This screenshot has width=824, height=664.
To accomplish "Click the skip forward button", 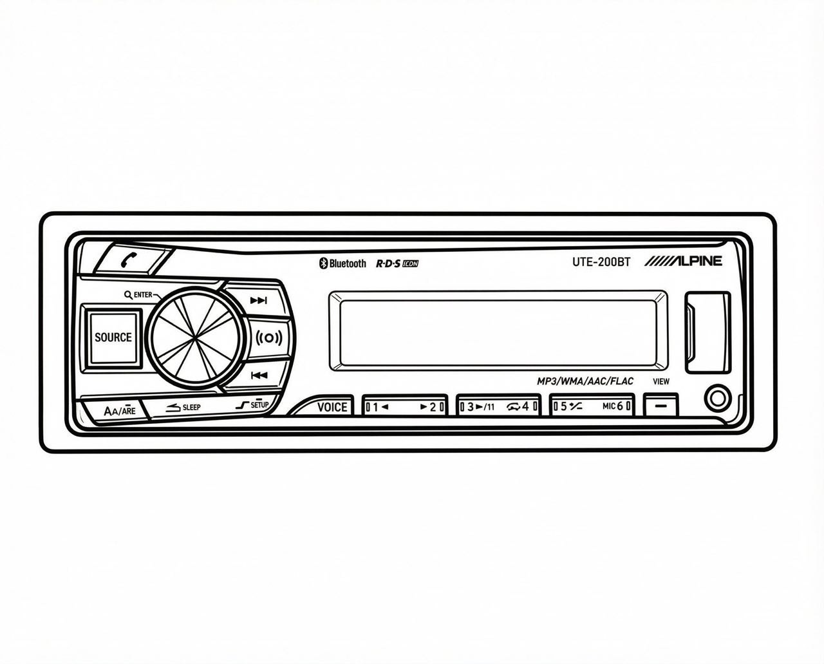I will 258,300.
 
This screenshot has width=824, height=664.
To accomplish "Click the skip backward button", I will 259,375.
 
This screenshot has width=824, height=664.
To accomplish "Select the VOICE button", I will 331,406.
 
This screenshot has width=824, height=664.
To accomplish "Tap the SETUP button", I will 253,406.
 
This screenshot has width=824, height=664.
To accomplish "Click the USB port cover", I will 707,332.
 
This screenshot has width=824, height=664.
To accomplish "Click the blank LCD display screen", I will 498,331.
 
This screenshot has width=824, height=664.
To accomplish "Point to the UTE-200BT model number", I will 601,262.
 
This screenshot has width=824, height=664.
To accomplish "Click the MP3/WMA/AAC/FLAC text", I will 585,381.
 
